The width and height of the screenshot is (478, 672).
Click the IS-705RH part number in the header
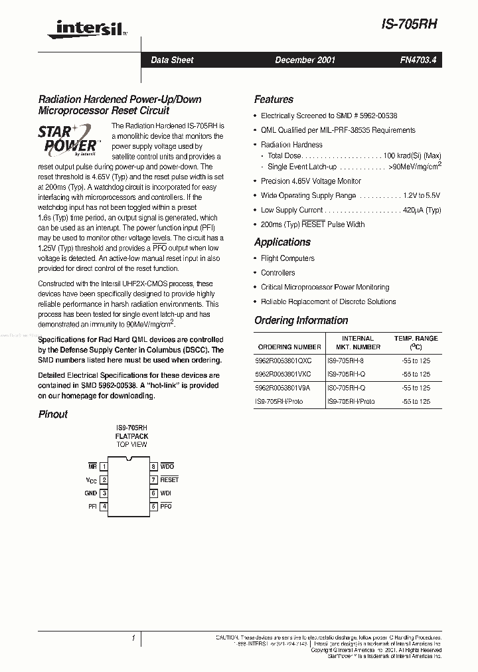pyautogui.click(x=409, y=23)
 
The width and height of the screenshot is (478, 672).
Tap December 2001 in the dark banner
pyautogui.click(x=305, y=60)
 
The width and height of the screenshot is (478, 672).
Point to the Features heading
pyautogui.click(x=274, y=100)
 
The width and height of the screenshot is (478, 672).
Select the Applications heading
pyautogui.click(x=282, y=242)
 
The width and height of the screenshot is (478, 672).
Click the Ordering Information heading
pyautogui.click(x=301, y=320)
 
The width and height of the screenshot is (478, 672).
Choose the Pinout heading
pyautogui.click(x=52, y=414)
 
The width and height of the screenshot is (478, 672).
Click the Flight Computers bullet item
pyautogui.click(x=287, y=258)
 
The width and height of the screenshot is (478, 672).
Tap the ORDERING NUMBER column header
pyautogui.click(x=289, y=347)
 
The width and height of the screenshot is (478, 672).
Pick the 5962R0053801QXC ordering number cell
pyautogui.click(x=283, y=361)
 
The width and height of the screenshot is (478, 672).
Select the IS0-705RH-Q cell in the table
pyautogui.click(x=345, y=388)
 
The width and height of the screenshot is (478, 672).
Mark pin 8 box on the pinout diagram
pyautogui.click(x=153, y=467)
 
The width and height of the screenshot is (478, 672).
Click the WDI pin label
pyautogui.click(x=166, y=493)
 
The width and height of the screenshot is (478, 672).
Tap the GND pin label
pyautogui.click(x=90, y=493)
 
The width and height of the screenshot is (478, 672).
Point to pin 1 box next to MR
pyautogui.click(x=104, y=467)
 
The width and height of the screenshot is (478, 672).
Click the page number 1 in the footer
pyautogui.click(x=133, y=638)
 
